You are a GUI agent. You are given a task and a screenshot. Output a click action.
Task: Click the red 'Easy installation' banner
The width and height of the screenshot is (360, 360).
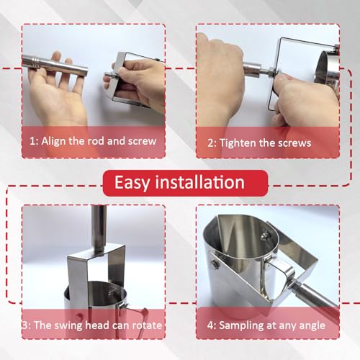(x=185, y=183)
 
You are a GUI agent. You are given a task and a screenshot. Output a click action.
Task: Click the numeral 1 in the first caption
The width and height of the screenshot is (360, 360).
(x=32, y=141)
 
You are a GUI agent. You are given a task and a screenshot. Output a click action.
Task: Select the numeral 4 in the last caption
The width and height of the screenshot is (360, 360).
(x=210, y=325)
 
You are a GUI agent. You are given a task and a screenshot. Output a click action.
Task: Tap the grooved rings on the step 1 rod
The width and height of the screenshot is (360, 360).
(x=35, y=63)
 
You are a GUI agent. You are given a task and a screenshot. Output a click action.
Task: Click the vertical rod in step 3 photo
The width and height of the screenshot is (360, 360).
(x=99, y=228)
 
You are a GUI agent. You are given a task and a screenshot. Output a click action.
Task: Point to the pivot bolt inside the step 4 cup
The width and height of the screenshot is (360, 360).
(x=264, y=237)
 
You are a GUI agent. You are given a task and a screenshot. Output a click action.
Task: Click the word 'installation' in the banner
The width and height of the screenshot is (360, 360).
(x=200, y=182)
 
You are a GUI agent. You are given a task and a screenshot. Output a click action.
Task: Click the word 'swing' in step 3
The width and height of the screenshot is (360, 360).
(x=68, y=325)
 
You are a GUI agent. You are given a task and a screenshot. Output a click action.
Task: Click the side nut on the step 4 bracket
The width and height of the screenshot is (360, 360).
(x=215, y=264)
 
